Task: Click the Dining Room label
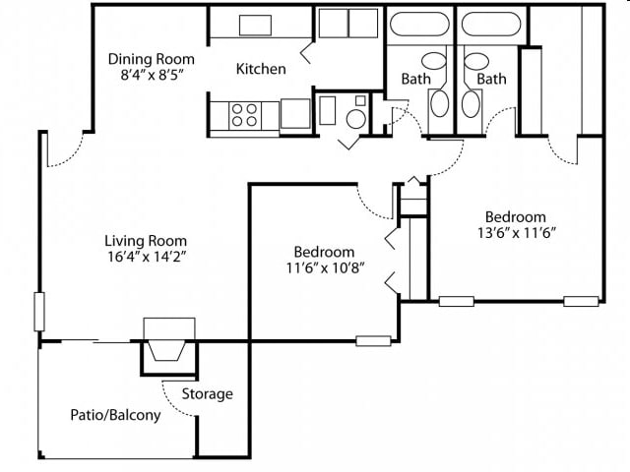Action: tap(151, 59)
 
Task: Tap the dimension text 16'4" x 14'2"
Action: tap(146, 256)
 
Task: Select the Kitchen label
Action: tap(261, 69)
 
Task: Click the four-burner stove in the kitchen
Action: tap(245, 115)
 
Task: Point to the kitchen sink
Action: tap(255, 26)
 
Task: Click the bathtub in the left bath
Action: tap(419, 24)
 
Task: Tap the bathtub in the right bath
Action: tap(491, 24)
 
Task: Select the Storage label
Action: tap(207, 393)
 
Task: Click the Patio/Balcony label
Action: tap(115, 415)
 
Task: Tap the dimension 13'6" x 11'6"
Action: tap(516, 232)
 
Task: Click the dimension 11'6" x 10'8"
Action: tap(325, 267)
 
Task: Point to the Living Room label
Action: tap(146, 241)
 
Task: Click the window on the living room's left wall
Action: tap(39, 312)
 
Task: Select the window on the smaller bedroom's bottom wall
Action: tap(373, 341)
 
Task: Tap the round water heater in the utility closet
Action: tap(355, 119)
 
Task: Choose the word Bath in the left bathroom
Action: tap(415, 79)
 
